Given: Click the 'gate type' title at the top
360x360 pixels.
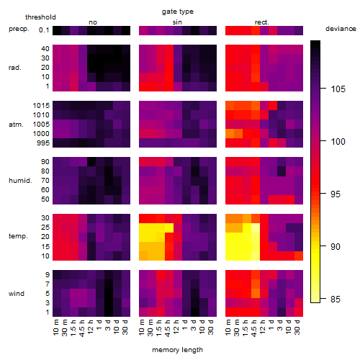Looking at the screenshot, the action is pos(178,12).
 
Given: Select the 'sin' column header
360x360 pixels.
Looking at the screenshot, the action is pos(177,22).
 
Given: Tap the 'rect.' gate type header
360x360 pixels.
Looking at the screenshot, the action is pos(261,22).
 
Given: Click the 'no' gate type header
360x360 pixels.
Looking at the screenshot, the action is pos(93,22).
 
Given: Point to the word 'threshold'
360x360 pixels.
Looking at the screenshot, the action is pos(40,17).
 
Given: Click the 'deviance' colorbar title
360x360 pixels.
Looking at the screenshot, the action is pos(341,29).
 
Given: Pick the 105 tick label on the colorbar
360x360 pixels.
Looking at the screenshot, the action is pos(338,89).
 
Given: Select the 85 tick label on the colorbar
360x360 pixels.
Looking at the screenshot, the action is pos(336,300).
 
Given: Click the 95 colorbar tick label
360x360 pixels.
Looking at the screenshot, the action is pos(336,194).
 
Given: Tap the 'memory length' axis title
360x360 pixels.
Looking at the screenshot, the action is pos(177,350).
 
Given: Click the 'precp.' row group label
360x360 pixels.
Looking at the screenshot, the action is pos(19,29).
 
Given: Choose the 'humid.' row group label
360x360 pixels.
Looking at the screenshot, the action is pos(20,181).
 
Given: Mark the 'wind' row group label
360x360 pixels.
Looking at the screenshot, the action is pos(17,294).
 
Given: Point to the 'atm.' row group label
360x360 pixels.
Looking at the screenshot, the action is pos(16,125).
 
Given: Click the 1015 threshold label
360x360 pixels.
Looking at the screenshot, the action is pos(41,106).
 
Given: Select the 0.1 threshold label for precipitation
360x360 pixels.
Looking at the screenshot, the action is pos(44,30).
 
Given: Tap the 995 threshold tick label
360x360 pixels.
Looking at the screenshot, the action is pos(43,143).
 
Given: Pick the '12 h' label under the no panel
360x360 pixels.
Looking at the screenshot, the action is pos(91,327).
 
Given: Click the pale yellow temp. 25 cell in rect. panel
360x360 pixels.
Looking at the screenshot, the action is pos(256,228).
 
